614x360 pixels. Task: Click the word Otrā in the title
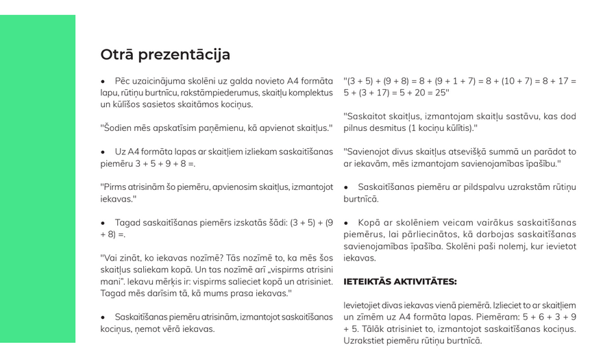pos(117,55)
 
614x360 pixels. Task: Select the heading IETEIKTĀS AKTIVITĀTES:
pos(400,282)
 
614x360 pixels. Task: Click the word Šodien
pos(118,128)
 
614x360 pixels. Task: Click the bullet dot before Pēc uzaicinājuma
pos(103,81)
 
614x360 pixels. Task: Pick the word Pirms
pos(114,187)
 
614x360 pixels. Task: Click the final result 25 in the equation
pos(442,93)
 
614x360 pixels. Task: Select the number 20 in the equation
pos(423,93)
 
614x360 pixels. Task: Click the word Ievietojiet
pos(365,305)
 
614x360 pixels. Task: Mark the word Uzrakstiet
pos(364,341)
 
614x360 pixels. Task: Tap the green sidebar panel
pos(38,178)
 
